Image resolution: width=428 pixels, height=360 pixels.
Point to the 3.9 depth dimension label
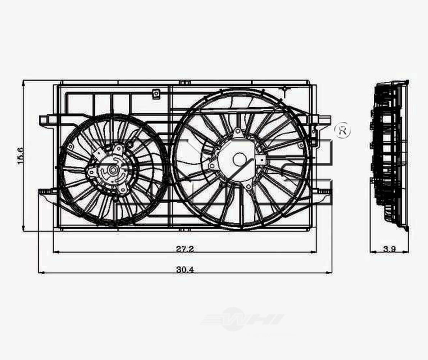click(390, 248)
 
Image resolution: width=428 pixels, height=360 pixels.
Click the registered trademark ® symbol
click(342, 131)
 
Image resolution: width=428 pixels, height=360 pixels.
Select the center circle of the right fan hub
click(239, 159)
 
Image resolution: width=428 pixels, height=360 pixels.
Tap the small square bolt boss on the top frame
click(156, 94)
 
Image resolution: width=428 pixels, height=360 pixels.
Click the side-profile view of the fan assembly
click(390, 155)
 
